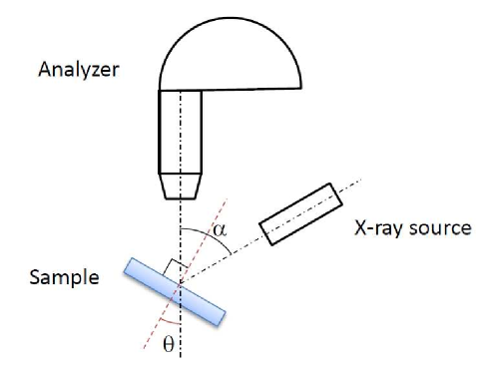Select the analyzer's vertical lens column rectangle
point(180,131)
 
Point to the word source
point(439,228)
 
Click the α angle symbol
point(222,233)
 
